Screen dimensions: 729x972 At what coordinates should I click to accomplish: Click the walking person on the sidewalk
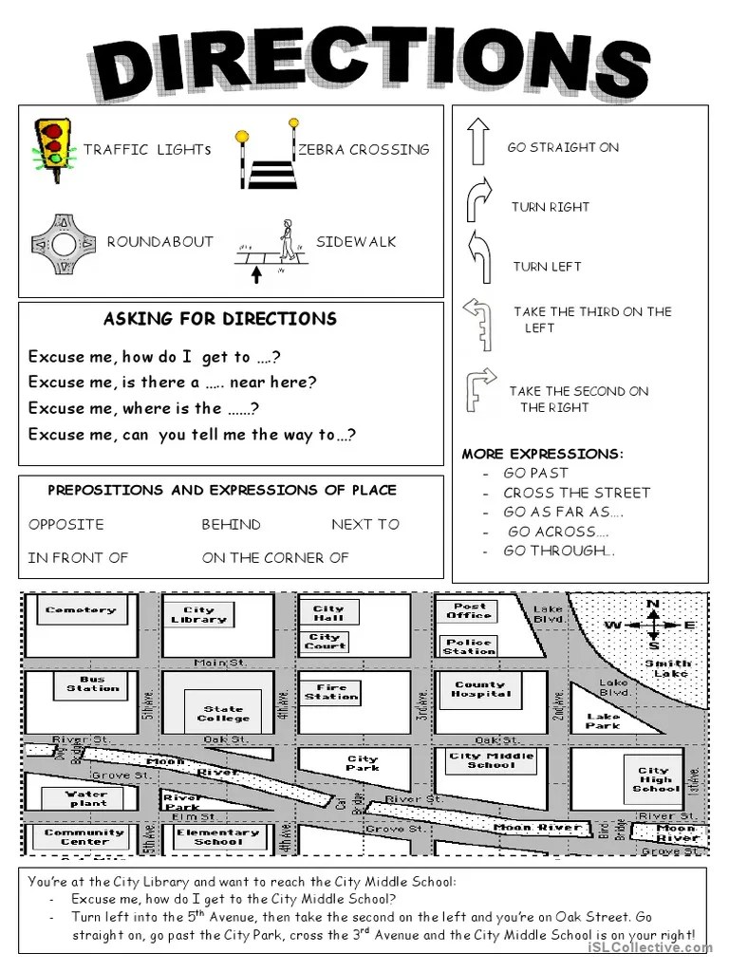(x=286, y=241)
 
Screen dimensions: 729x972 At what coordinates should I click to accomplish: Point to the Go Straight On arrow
(x=477, y=141)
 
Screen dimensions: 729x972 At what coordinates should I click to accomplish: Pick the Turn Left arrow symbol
(x=477, y=256)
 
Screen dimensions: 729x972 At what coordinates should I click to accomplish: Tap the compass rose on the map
(x=653, y=625)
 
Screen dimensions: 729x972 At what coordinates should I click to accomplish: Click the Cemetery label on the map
(x=80, y=610)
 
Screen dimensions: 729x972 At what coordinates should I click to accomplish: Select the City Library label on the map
(x=199, y=615)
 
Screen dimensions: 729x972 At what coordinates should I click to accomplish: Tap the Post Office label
(x=470, y=610)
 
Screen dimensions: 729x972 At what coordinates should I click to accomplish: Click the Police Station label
(x=469, y=646)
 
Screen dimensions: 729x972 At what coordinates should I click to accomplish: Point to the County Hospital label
(x=480, y=689)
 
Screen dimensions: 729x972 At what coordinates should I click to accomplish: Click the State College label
(x=223, y=713)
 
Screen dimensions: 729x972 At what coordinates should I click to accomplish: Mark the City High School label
(x=655, y=779)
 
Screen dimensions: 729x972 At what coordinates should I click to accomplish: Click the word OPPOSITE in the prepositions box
(x=66, y=524)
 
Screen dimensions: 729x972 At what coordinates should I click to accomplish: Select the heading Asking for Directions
(x=219, y=319)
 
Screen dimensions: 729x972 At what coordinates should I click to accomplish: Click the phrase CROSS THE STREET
(x=576, y=493)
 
